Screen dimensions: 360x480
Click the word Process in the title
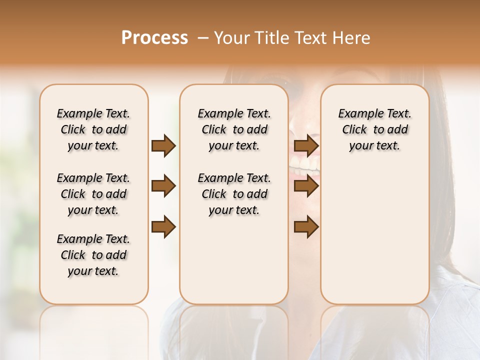[154, 37]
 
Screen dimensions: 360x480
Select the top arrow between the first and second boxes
[163, 145]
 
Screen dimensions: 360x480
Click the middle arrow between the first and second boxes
[163, 186]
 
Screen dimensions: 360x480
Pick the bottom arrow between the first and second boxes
[163, 227]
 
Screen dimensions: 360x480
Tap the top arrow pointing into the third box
[306, 145]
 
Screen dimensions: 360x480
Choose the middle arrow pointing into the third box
[306, 186]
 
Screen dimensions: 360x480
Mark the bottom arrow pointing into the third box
[306, 227]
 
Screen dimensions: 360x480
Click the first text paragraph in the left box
[93, 129]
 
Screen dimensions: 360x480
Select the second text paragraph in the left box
[93, 194]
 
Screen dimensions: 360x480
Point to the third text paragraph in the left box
[93, 255]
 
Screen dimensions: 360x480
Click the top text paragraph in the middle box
[234, 129]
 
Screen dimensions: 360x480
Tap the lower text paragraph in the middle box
[234, 194]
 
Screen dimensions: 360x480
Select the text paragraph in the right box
[374, 129]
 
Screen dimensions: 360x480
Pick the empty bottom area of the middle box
[234, 265]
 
